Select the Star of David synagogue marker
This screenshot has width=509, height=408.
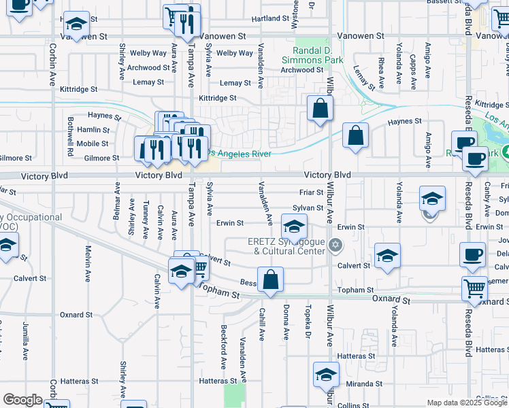pyautogui.click(x=334, y=245)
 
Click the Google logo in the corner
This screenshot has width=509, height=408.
pyautogui.click(x=22, y=400)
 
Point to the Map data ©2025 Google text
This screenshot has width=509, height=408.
pyautogui.click(x=467, y=403)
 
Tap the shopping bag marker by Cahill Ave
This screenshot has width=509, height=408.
pyautogui.click(x=270, y=279)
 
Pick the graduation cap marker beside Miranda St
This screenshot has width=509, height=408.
pyautogui.click(x=326, y=374)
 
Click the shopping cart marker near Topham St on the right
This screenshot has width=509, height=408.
pyautogui.click(x=474, y=288)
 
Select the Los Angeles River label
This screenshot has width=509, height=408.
pyautogui.click(x=240, y=154)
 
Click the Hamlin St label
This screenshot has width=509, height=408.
pyautogui.click(x=93, y=130)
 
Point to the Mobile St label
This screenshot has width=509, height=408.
pyautogui.click(x=92, y=143)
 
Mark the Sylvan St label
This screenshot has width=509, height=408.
pyautogui.click(x=308, y=208)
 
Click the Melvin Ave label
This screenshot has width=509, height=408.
pyautogui.click(x=88, y=265)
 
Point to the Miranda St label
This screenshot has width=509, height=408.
pyautogui.click(x=359, y=384)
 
